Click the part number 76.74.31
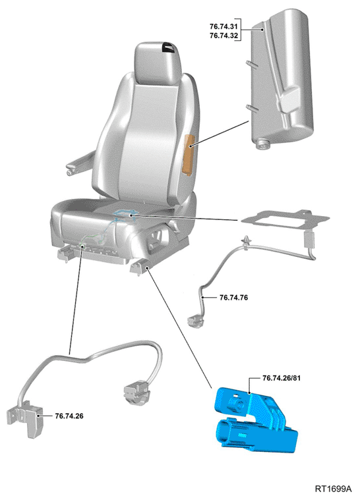(x=224, y=26)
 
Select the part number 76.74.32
(x=224, y=36)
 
